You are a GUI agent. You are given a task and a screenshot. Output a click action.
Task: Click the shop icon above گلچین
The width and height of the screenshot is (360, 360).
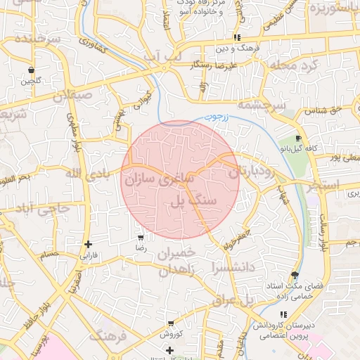[32, 70]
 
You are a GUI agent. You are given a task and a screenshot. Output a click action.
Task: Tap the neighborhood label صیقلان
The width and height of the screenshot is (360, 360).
[72, 94]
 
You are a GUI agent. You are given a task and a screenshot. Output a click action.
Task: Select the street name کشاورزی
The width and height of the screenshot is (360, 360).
[92, 47]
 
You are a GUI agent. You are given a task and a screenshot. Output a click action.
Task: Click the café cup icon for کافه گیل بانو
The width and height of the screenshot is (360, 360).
[300, 138]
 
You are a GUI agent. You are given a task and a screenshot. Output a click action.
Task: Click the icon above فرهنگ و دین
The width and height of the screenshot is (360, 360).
[237, 37]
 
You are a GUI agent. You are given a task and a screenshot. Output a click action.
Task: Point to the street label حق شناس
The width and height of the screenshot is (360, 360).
[324, 111]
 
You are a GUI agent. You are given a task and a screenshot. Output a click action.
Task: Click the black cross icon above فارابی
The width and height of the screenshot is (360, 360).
[88, 245]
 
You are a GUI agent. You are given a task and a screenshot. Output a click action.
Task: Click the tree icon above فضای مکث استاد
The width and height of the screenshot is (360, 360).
[294, 276]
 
